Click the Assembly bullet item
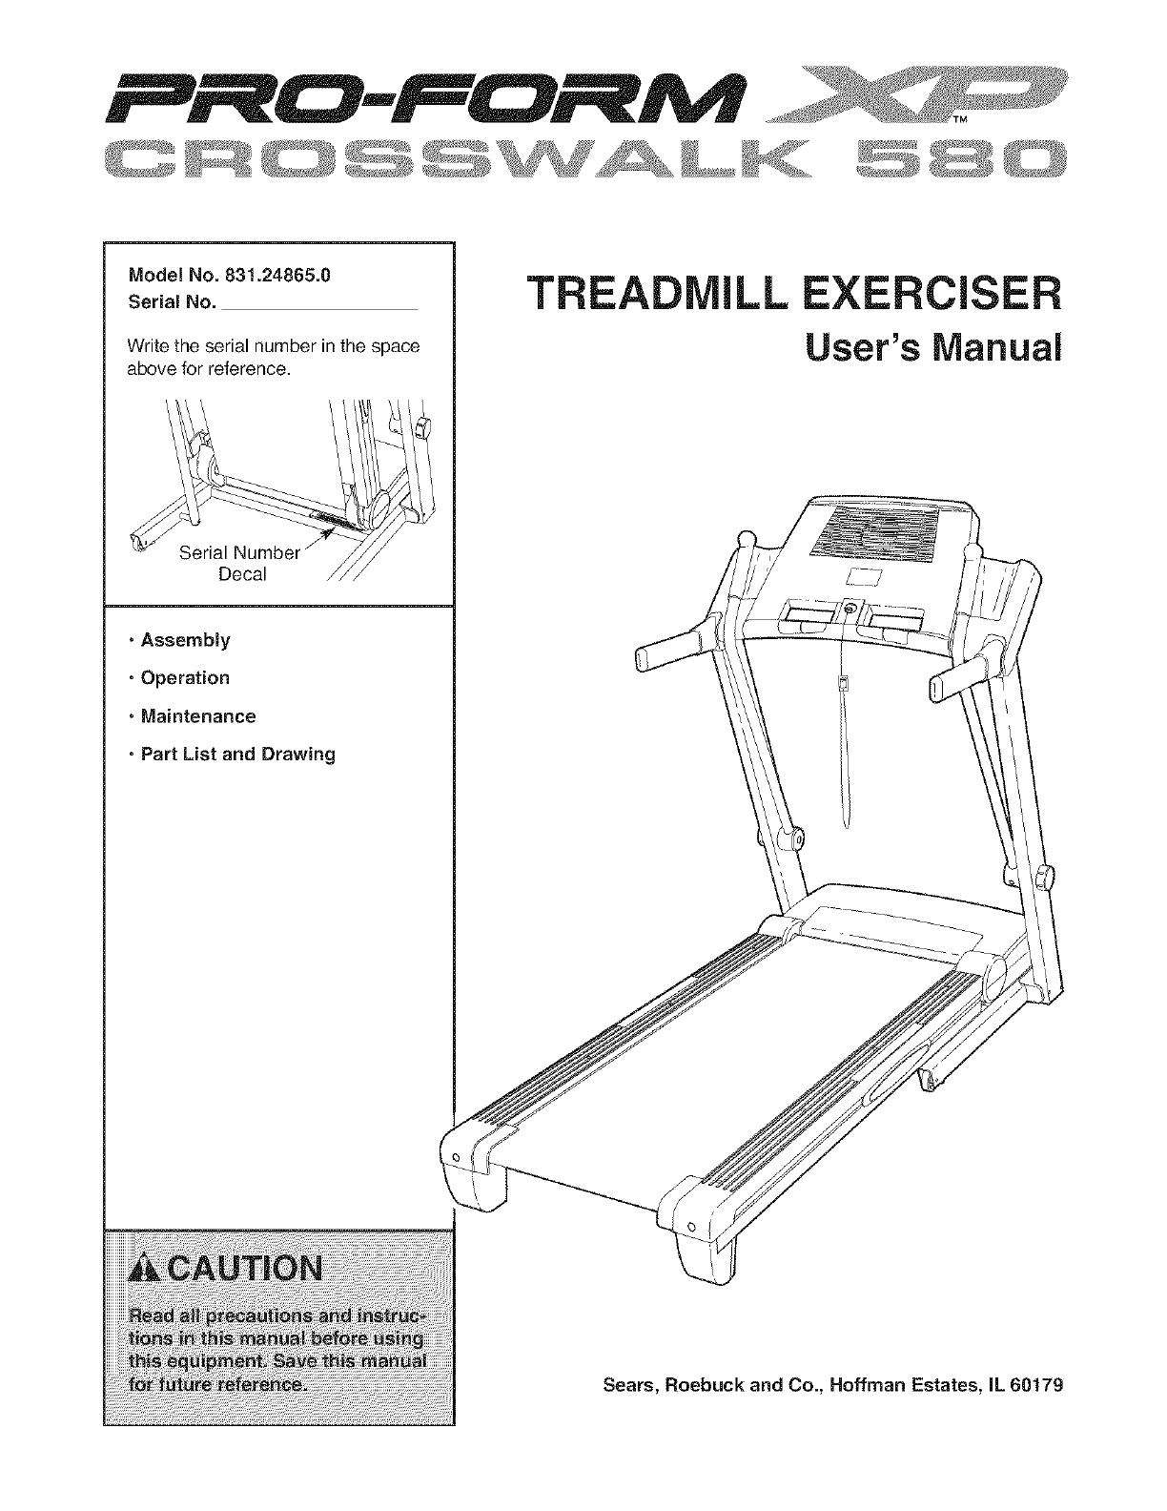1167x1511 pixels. [x=185, y=640]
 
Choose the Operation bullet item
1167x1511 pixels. [x=185, y=678]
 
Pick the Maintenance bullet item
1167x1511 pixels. [x=197, y=716]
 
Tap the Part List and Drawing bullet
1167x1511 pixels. [x=237, y=755]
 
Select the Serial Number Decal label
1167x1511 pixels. [x=240, y=564]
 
